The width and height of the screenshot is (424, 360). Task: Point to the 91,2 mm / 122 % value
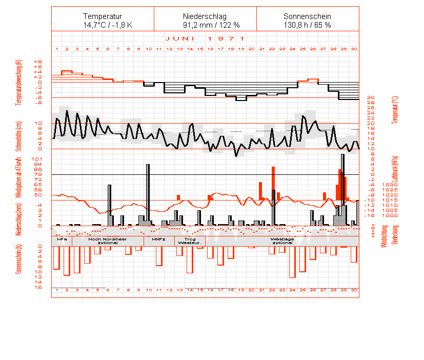[205, 25]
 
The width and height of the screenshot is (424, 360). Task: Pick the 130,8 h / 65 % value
[308, 25]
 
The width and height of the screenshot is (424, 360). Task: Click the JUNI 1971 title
[205, 38]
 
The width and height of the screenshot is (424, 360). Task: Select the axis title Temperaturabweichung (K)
[19, 82]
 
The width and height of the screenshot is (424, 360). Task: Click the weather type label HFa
[62, 239]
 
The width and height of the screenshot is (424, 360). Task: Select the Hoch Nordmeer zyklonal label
[108, 241]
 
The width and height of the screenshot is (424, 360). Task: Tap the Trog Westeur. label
[189, 241]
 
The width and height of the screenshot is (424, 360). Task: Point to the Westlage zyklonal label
[282, 241]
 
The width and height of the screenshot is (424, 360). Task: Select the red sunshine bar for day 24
[292, 262]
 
